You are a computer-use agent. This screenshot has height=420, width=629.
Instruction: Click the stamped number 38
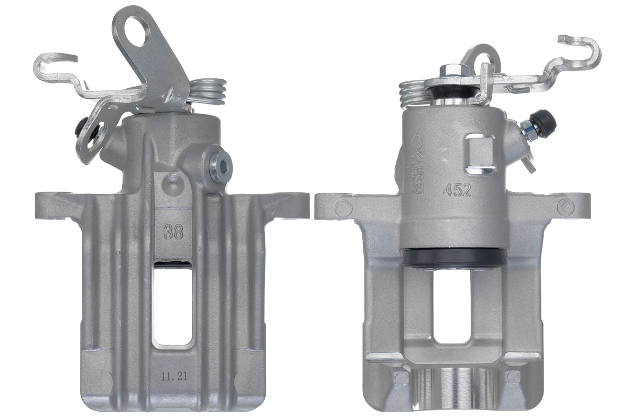click(173, 232)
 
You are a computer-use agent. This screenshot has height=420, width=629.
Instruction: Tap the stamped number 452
click(457, 190)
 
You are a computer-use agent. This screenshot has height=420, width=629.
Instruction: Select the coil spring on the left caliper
click(209, 91)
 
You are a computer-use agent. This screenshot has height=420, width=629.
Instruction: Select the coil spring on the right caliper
click(414, 92)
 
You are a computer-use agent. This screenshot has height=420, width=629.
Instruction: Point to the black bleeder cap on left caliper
click(82, 126)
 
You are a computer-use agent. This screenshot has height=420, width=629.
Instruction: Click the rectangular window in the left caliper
click(172, 304)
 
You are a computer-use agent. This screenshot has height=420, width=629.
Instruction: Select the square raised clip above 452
click(481, 153)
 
